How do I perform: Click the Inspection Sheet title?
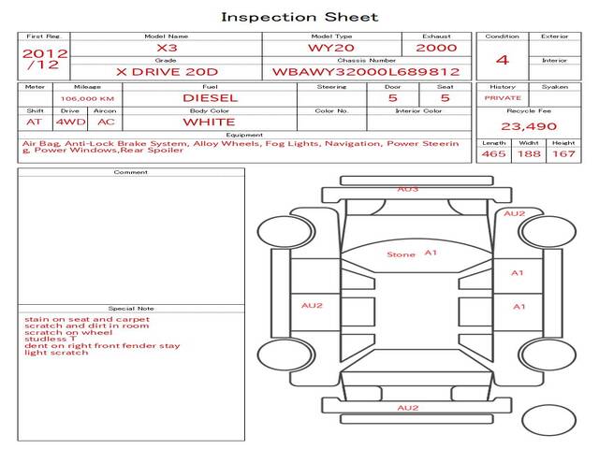(x=299, y=17)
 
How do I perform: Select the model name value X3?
(x=167, y=48)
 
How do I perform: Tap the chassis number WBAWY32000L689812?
(x=366, y=72)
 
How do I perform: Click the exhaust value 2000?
(x=436, y=48)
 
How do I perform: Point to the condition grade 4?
(x=503, y=60)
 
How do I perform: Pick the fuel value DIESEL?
(x=210, y=98)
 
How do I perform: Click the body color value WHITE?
(x=209, y=123)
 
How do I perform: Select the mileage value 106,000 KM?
(x=87, y=99)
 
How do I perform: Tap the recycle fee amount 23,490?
(x=529, y=126)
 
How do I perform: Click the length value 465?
(x=493, y=153)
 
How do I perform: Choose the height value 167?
(x=563, y=153)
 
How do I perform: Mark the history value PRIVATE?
(x=503, y=98)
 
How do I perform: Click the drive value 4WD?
(x=71, y=123)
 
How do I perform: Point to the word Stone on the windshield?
(x=401, y=254)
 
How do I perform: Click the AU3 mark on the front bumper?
(x=408, y=189)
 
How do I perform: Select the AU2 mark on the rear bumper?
(x=408, y=408)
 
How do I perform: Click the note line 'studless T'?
(x=50, y=339)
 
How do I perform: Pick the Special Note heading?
(x=131, y=309)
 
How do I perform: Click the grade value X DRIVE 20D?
(x=167, y=72)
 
